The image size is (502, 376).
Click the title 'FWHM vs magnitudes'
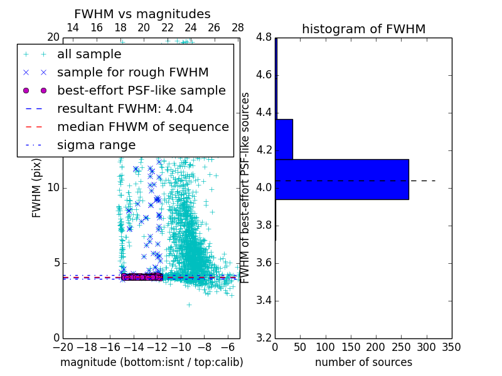point(142,14)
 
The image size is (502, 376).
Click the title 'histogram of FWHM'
point(363,29)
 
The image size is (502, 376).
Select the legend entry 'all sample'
point(89,55)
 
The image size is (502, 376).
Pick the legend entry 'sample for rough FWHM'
point(132,72)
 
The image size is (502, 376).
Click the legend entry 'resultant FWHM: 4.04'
point(125,108)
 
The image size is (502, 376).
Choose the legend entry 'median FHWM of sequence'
point(142,127)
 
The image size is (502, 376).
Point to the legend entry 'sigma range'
point(96,145)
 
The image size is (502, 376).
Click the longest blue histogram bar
point(342,179)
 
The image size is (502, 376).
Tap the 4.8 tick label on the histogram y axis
point(264,38)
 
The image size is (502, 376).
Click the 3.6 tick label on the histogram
point(264,263)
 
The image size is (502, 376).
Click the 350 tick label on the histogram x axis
point(452,347)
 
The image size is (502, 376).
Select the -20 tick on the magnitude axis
point(63,347)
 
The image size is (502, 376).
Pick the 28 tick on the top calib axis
point(238,28)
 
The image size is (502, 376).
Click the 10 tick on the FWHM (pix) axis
point(53,188)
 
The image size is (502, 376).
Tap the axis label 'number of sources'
point(363,362)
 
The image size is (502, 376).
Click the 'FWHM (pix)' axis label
point(37,187)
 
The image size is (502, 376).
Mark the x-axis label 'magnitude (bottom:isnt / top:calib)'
point(151,362)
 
